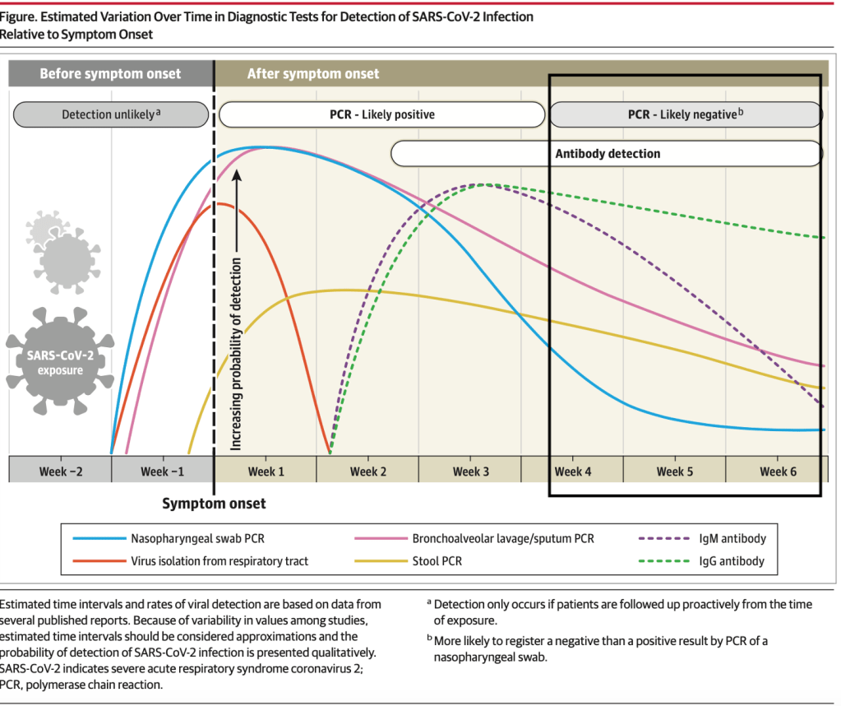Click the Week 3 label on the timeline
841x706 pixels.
click(x=470, y=471)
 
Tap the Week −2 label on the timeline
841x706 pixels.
click(x=60, y=471)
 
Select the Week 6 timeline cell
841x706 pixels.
click(x=778, y=471)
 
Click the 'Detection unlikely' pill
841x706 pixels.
click(x=111, y=114)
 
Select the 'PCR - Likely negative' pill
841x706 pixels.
click(x=686, y=114)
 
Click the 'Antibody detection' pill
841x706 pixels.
click(x=608, y=153)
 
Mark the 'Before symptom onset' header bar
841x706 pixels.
click(x=110, y=74)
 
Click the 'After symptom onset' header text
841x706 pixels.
click(x=313, y=74)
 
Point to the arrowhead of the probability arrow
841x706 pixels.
click(x=237, y=174)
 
